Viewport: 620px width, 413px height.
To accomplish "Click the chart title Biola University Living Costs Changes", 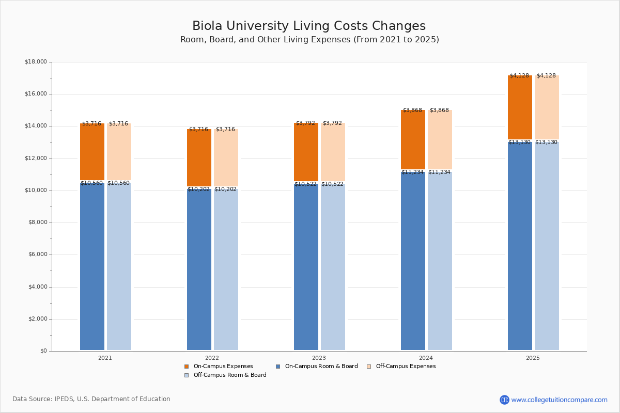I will click(309, 26).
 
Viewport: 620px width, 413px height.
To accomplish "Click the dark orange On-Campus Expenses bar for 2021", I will click(92, 152).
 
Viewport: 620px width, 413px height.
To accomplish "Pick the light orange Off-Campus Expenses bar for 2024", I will click(440, 139).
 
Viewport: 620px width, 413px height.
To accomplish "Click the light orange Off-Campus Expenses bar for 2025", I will click(547, 107).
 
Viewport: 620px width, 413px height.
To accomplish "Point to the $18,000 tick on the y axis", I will click(36, 62).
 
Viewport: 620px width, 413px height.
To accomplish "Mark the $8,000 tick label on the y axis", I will click(36, 223).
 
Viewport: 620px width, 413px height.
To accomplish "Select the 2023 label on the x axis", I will click(319, 358).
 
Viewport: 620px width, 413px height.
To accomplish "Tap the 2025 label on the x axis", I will click(533, 358).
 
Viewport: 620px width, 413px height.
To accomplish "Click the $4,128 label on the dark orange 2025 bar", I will click(519, 76).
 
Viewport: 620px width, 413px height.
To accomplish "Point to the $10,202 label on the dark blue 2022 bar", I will click(198, 189).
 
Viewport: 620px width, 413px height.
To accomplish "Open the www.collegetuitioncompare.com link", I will click(559, 400).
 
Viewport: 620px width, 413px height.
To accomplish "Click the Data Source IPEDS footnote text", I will click(91, 399).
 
